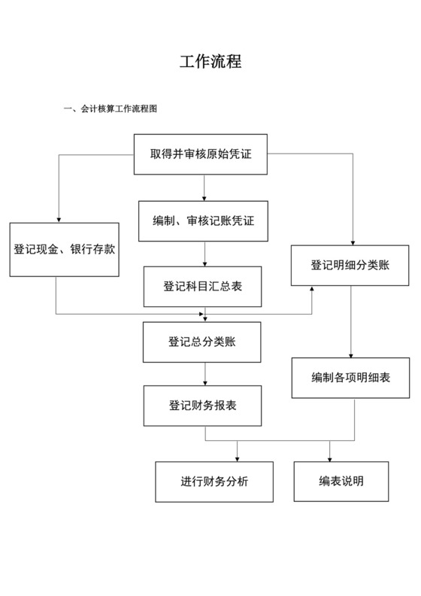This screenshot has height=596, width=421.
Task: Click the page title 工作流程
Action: point(210,62)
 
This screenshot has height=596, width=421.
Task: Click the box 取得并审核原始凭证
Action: point(201,154)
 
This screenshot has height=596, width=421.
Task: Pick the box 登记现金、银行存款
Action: point(64,249)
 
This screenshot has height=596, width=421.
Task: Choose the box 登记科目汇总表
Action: point(203,287)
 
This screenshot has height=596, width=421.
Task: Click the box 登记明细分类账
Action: point(350,266)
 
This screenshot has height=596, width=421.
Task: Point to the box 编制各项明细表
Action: point(351,378)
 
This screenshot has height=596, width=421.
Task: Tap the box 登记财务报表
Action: point(203,406)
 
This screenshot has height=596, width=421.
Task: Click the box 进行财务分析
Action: point(214,482)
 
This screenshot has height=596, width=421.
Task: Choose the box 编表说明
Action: point(341,482)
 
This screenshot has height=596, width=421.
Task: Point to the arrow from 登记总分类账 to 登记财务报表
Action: point(204,373)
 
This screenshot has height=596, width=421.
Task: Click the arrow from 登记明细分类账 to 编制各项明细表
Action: point(351,321)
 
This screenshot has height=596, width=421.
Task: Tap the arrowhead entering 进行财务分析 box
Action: point(238,458)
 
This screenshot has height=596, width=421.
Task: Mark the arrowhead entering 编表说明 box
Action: point(329,458)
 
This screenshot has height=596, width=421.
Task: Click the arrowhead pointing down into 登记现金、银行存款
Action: point(58,218)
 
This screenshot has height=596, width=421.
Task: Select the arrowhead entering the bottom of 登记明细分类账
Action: point(312,290)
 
